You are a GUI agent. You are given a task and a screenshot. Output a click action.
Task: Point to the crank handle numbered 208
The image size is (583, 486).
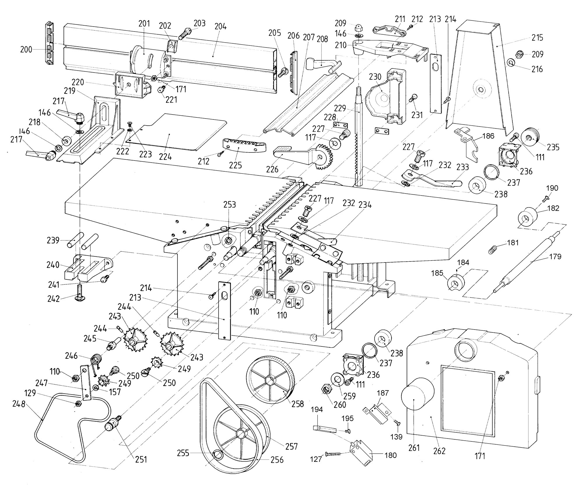click(x=322, y=65)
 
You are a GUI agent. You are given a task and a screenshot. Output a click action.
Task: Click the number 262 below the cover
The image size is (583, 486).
click(x=440, y=451)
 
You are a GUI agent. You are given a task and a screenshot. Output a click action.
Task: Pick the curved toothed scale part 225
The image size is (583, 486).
click(x=244, y=145)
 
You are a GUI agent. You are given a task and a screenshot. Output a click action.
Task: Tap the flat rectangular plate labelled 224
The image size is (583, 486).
click(x=178, y=131)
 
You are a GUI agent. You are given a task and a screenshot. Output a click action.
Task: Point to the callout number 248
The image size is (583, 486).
click(x=19, y=404)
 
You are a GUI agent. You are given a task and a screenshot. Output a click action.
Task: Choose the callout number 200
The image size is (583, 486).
click(x=26, y=50)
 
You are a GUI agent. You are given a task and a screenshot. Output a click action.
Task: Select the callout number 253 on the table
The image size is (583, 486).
click(x=229, y=204)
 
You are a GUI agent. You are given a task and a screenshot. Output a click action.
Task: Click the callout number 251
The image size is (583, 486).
click(x=141, y=459)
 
